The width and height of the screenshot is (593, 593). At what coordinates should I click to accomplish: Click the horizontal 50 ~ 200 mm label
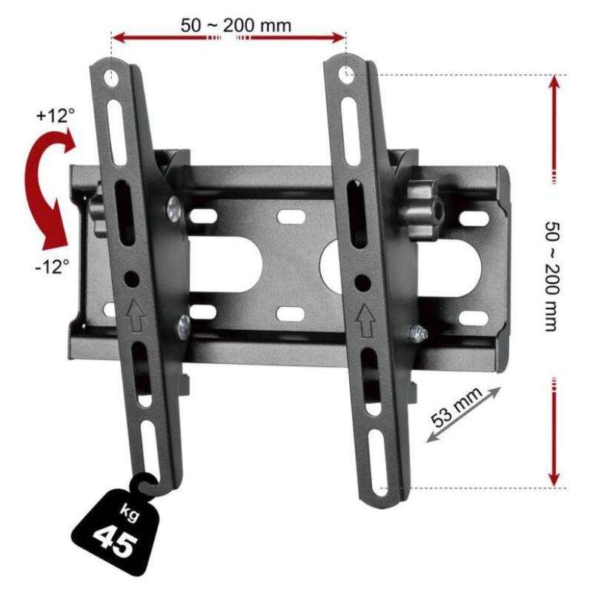click(236, 24)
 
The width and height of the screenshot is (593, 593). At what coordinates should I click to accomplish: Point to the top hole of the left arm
click(111, 76)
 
